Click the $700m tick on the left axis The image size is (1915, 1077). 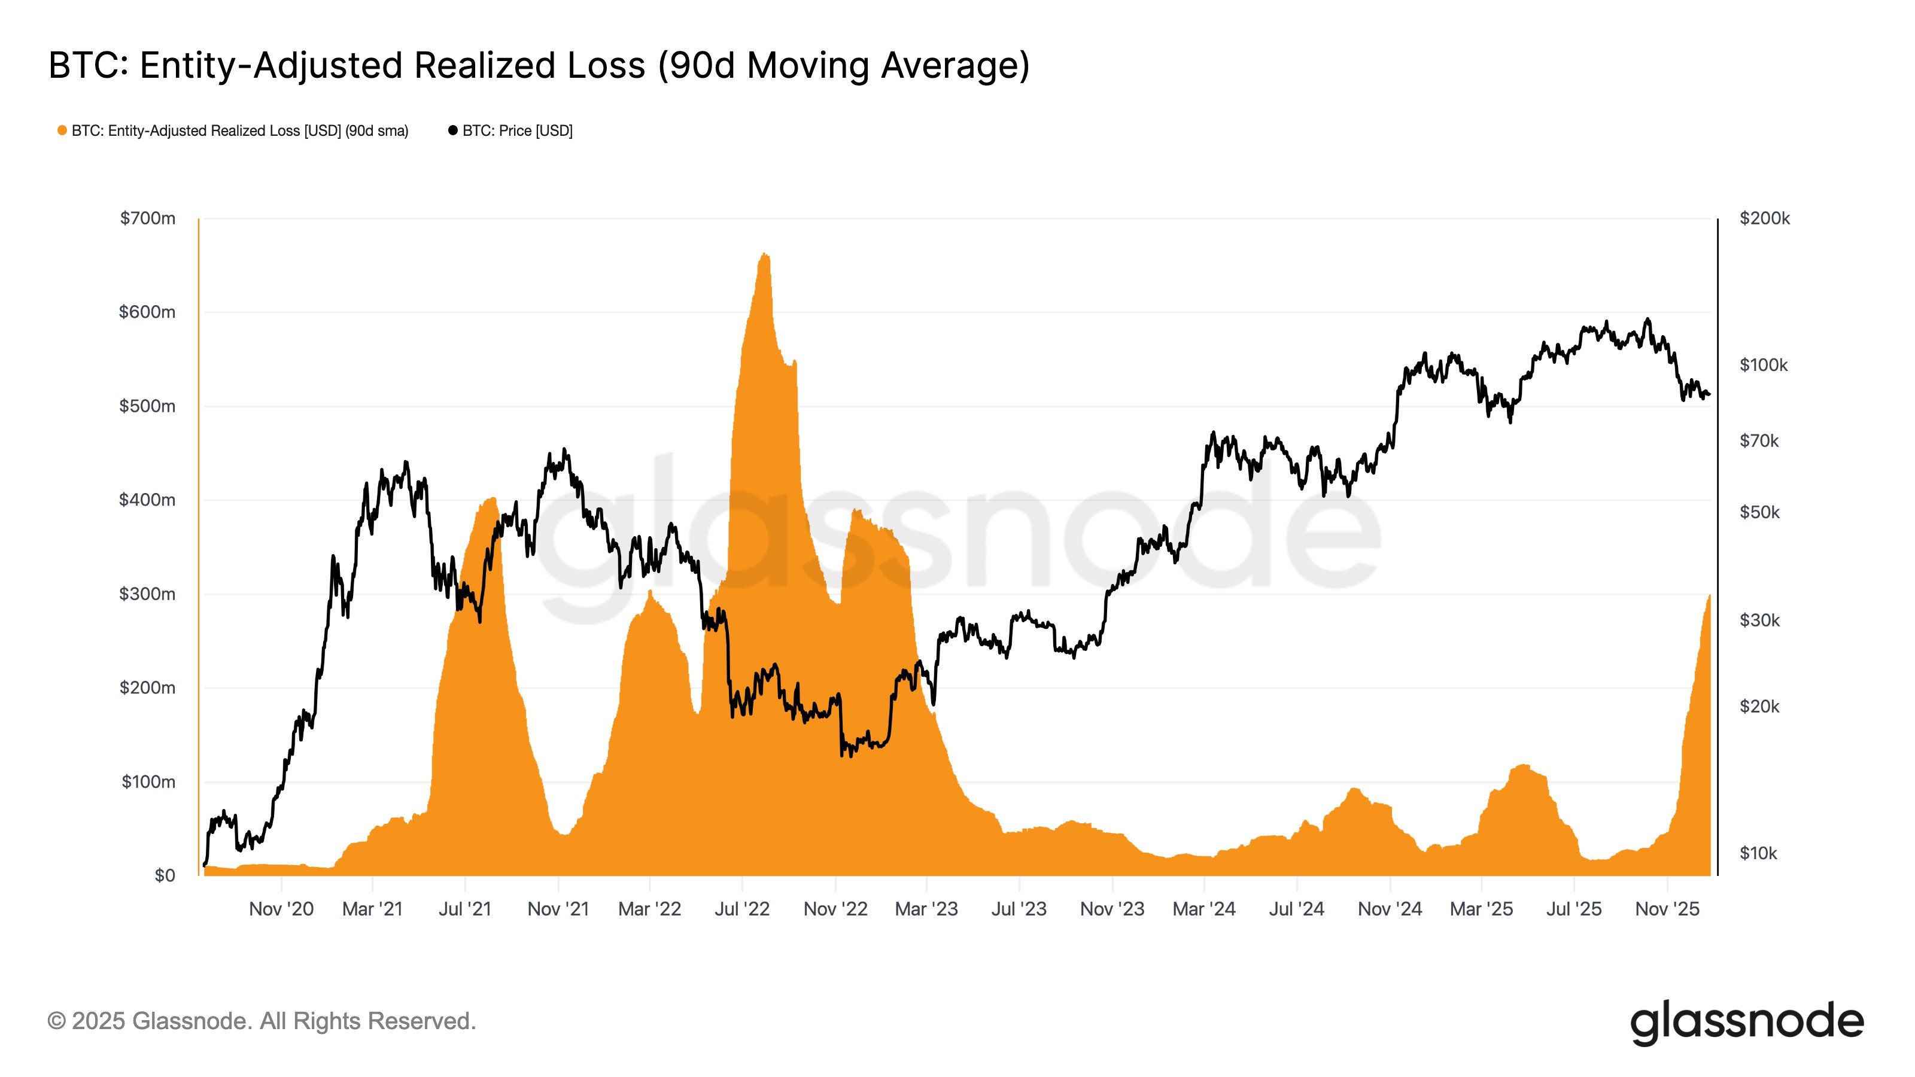tap(147, 218)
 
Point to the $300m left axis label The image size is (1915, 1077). tap(147, 594)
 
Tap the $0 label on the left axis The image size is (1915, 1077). tap(165, 875)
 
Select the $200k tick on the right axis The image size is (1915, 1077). tap(1764, 218)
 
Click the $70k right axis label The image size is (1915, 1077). tap(1759, 441)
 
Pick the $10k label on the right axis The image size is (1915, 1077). tap(1758, 853)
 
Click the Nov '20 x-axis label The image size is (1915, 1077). tap(281, 909)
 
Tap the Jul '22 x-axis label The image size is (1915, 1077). tap(742, 909)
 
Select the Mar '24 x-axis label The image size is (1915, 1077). tap(1203, 909)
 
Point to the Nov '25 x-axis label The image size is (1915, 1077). tap(1667, 909)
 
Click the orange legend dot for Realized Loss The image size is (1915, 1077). tap(62, 131)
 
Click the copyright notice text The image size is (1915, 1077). tap(262, 1021)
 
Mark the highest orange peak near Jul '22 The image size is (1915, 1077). tap(764, 255)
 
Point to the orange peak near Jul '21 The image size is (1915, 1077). tap(491, 500)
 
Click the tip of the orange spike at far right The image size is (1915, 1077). tap(1709, 596)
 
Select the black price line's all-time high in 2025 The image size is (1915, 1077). tap(1648, 320)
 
